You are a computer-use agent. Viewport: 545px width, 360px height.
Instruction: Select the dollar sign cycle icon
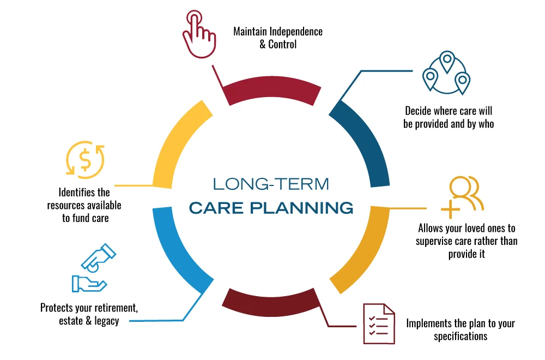click(85, 160)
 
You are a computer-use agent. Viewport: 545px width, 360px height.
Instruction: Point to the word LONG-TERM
click(271, 184)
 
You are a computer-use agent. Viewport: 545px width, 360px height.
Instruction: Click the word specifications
click(461, 336)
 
